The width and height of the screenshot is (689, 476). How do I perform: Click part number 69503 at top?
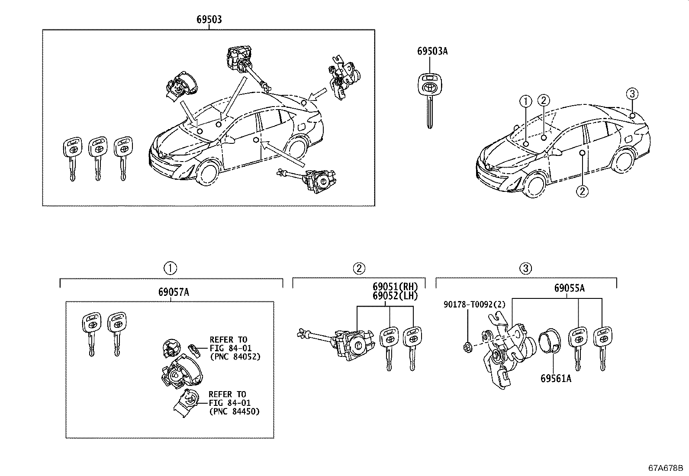pos(209,19)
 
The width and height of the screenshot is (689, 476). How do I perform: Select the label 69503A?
pos(432,51)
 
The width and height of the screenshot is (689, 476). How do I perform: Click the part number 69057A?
pos(173,292)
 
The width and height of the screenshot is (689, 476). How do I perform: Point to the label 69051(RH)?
pos(395,287)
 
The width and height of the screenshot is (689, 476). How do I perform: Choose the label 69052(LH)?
pos(395,296)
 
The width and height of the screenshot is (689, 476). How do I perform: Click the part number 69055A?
pos(570,288)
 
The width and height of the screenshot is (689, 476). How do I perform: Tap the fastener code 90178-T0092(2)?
pos(474,304)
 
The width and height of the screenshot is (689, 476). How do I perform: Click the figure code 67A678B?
pos(665,468)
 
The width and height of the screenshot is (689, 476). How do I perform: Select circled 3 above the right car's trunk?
pos(632,94)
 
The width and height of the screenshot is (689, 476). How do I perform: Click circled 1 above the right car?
pos(525,102)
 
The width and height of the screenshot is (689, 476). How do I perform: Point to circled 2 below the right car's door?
pos(583,191)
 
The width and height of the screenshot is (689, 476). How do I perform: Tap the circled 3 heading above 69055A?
pos(526,269)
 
